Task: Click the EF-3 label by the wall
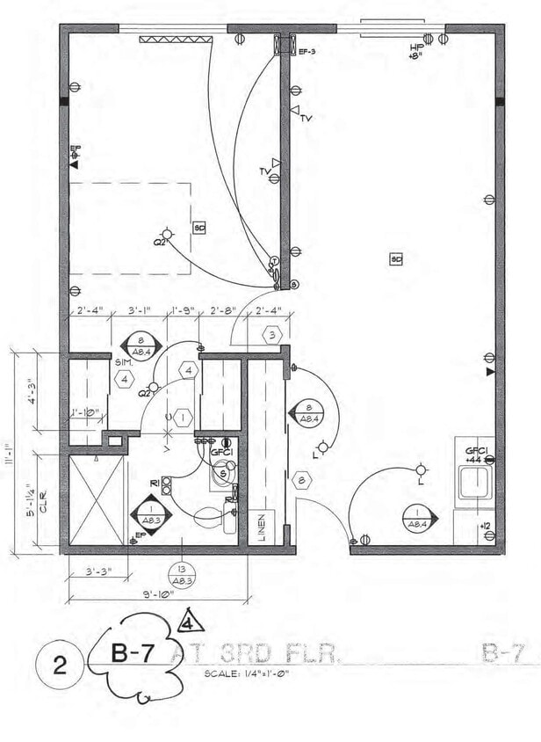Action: pos(307,53)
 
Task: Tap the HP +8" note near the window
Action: pos(415,51)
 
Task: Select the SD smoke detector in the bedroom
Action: pos(199,227)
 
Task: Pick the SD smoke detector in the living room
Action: pos(397,258)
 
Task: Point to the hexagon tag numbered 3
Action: pos(273,335)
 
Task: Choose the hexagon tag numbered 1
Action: pos(182,418)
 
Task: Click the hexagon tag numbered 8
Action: pos(301,480)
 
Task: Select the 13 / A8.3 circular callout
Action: pos(182,574)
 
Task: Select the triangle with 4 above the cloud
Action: pos(190,622)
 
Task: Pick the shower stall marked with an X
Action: pos(97,499)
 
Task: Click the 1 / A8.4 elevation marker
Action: pos(415,519)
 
